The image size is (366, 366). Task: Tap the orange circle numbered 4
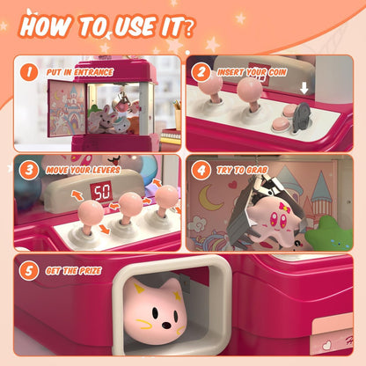click(x=201, y=169)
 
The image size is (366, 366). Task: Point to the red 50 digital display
click(x=104, y=192)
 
